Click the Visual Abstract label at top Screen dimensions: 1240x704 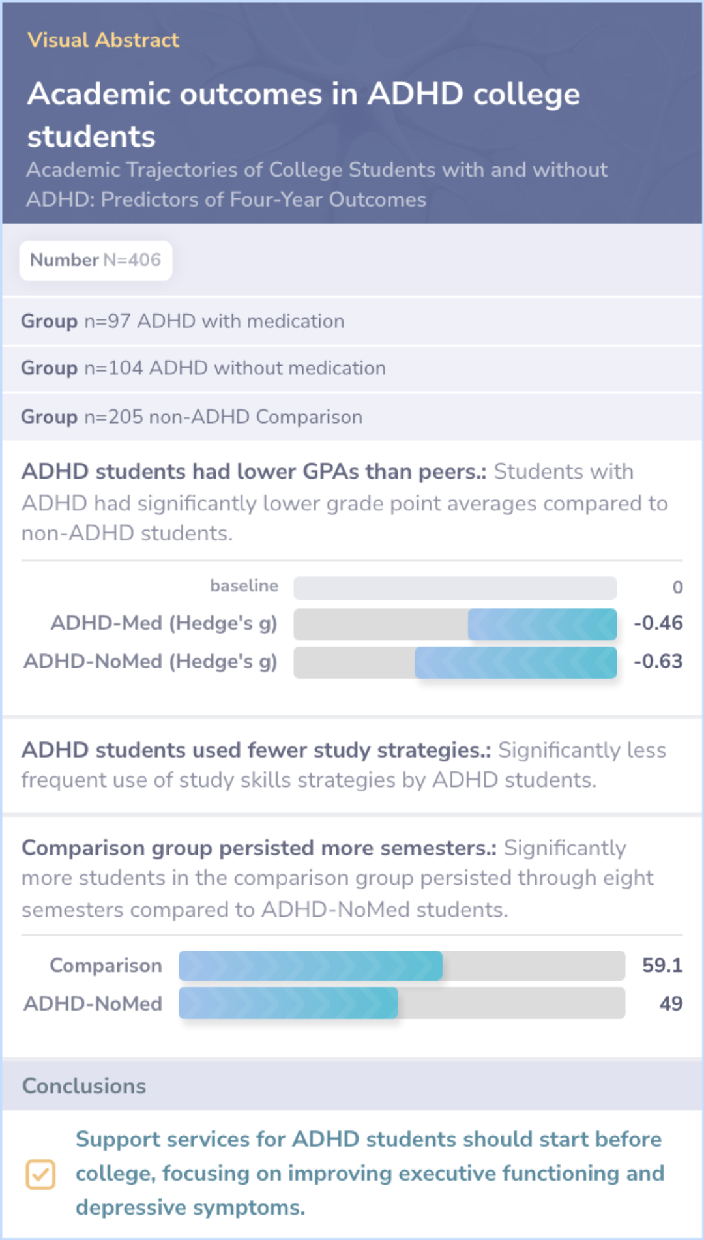pyautogui.click(x=103, y=40)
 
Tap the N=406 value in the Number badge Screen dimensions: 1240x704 pyautogui.click(x=132, y=260)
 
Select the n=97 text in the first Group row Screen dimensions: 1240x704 pyautogui.click(x=108, y=321)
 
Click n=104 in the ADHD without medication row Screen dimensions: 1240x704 pyautogui.click(x=113, y=368)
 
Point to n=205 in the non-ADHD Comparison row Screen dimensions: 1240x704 pyautogui.click(x=113, y=417)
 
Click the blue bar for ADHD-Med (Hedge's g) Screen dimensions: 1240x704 pyautogui.click(x=542, y=624)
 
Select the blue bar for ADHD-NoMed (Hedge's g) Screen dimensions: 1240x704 pyautogui.click(x=515, y=662)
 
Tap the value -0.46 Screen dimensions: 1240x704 pyautogui.click(x=658, y=623)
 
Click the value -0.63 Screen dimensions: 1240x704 pyautogui.click(x=658, y=662)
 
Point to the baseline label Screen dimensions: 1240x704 pyautogui.click(x=244, y=586)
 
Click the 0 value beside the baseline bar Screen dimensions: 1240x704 pyautogui.click(x=677, y=587)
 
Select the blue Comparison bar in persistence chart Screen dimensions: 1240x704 pyautogui.click(x=310, y=966)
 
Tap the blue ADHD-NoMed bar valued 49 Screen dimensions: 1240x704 pyautogui.click(x=288, y=1003)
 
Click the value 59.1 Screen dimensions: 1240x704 pyautogui.click(x=662, y=966)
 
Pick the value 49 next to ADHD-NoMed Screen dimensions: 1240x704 pyautogui.click(x=670, y=1003)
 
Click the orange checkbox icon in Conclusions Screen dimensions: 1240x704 pyautogui.click(x=40, y=1174)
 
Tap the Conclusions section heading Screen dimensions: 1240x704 pyautogui.click(x=84, y=1086)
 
